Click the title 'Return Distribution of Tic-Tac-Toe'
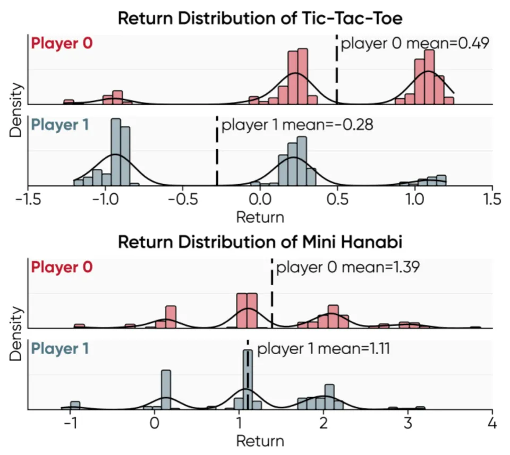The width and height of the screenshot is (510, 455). coord(260,18)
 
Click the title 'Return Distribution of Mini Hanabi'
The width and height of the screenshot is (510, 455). coord(260,242)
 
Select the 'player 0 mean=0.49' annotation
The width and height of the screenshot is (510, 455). coord(414,44)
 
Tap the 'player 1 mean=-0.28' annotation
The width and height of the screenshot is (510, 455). coord(297,125)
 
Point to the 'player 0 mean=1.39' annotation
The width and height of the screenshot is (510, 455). coord(348,267)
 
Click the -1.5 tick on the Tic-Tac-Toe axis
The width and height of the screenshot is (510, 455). coord(28,200)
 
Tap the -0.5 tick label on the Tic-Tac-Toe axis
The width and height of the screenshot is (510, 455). coord(183,200)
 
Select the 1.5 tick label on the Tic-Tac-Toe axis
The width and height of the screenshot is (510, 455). coord(492,200)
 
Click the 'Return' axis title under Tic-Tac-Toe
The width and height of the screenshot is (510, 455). coord(260,217)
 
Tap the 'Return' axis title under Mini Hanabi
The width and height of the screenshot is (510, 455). coord(260,441)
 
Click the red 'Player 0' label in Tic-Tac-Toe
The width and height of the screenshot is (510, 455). coord(62,43)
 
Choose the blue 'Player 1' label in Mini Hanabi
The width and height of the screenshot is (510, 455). coord(60,349)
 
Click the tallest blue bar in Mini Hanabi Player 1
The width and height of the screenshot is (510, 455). coord(247,379)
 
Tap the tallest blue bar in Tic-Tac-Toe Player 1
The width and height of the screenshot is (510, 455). coord(116,152)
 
